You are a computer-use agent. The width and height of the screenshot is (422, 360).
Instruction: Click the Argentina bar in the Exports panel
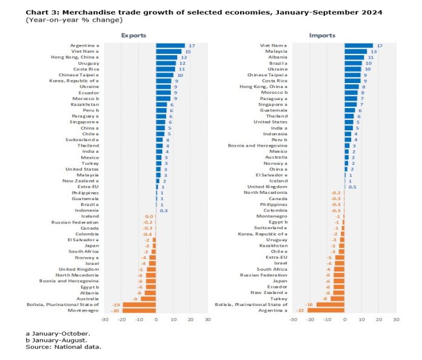click(x=170, y=45)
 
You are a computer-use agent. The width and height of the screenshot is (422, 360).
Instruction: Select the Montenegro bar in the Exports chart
click(x=139, y=310)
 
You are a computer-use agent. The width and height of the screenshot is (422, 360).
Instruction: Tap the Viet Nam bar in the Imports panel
click(x=359, y=45)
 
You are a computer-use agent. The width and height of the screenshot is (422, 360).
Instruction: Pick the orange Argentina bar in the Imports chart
click(x=326, y=310)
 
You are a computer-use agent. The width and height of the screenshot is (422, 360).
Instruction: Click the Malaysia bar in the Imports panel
click(x=356, y=52)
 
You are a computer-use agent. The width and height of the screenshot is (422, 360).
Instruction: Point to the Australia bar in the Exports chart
click(x=149, y=299)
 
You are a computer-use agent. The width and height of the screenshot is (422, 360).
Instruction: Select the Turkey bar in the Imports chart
click(x=338, y=299)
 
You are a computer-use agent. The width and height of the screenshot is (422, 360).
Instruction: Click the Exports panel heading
click(x=133, y=36)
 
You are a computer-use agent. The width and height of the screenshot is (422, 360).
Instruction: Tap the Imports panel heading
click(x=322, y=36)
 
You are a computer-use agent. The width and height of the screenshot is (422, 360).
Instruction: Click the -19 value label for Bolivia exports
click(x=116, y=305)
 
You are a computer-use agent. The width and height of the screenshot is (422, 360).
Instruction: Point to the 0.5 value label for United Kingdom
click(x=352, y=187)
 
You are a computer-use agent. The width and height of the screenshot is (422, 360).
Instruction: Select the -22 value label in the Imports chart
click(x=300, y=310)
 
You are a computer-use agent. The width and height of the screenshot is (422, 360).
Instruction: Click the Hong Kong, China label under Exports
click(x=75, y=58)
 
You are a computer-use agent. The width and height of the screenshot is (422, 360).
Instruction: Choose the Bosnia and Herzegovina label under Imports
click(x=258, y=145)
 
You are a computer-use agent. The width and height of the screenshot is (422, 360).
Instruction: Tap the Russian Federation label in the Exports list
click(x=75, y=222)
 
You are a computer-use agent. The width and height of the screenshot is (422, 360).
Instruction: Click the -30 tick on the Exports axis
click(x=104, y=319)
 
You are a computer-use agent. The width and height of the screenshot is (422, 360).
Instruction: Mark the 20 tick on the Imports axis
click(x=379, y=319)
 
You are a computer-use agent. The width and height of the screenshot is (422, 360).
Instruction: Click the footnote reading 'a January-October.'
click(x=58, y=333)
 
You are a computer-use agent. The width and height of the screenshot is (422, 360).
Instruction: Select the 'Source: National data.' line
click(x=64, y=347)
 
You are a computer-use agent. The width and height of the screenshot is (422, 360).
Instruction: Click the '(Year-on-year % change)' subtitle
click(x=74, y=20)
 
